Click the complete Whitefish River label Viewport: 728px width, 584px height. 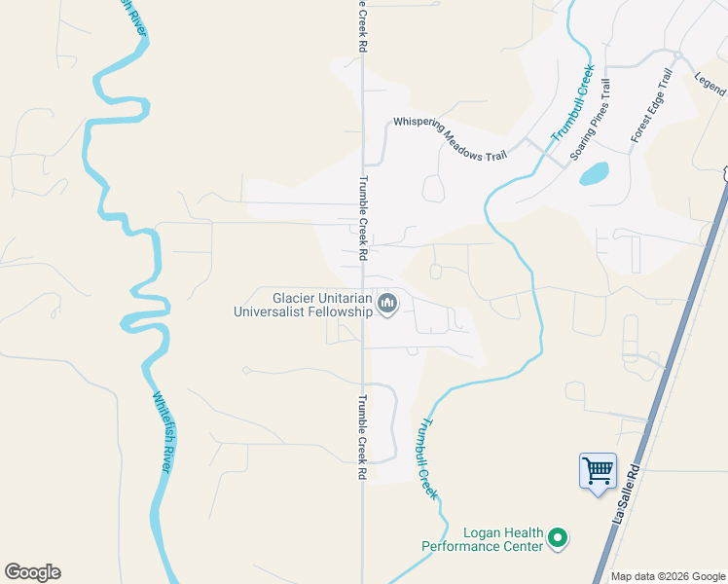(x=163, y=433)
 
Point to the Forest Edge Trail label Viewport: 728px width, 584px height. (x=652, y=105)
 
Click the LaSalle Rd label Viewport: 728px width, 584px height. (x=628, y=495)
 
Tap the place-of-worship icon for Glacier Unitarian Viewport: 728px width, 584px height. (x=387, y=305)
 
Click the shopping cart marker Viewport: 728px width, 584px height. (x=598, y=472)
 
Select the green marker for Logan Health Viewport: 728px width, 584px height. (x=558, y=536)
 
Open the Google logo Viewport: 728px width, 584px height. (x=32, y=572)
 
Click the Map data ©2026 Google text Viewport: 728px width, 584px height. (x=668, y=576)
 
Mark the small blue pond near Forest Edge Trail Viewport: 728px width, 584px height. (x=594, y=174)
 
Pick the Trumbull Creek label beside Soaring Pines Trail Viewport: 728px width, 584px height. (x=572, y=104)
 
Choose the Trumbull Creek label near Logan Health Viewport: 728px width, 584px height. (x=428, y=458)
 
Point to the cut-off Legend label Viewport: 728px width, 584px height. (x=711, y=85)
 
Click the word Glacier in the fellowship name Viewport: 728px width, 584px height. (x=297, y=298)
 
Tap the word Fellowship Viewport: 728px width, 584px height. (x=341, y=311)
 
